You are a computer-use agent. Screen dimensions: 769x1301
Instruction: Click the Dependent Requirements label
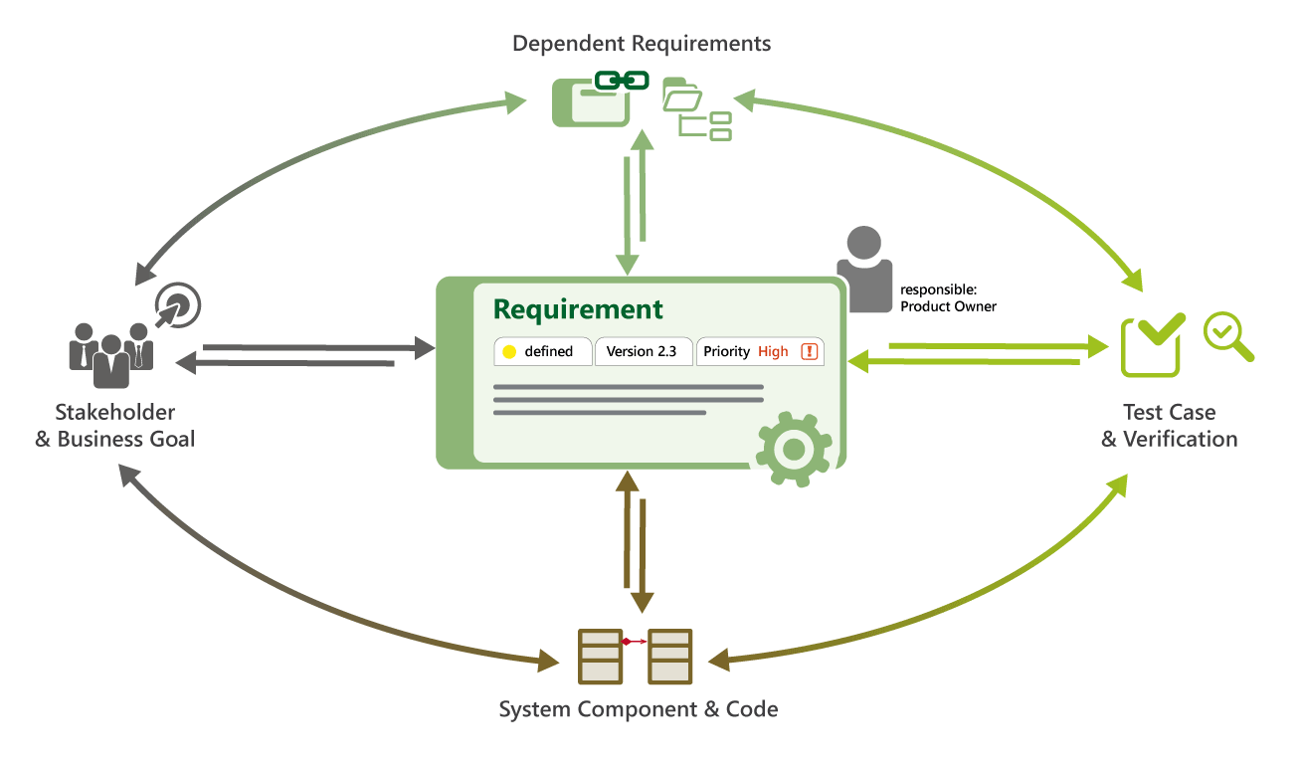pyautogui.click(x=642, y=44)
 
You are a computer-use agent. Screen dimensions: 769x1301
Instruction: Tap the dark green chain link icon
pyautogui.click(x=622, y=81)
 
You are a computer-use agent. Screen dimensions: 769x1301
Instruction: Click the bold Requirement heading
pyautogui.click(x=578, y=309)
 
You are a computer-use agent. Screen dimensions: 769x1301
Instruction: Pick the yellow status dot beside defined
pyautogui.click(x=509, y=352)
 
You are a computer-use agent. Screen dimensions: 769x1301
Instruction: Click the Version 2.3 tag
pyautogui.click(x=643, y=352)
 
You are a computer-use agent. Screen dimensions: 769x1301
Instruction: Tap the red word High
pyautogui.click(x=773, y=352)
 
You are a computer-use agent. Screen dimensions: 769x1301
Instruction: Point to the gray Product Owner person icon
pyautogui.click(x=863, y=268)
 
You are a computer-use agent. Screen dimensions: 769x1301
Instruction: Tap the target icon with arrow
pyautogui.click(x=179, y=305)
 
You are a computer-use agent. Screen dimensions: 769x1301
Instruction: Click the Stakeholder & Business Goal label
pyautogui.click(x=115, y=426)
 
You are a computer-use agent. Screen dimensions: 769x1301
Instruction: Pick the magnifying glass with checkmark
pyautogui.click(x=1227, y=337)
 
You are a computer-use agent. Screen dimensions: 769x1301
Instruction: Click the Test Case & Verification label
pyautogui.click(x=1170, y=426)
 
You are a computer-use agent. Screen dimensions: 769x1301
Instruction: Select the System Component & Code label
pyautogui.click(x=638, y=710)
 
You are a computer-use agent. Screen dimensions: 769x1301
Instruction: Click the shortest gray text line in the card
pyautogui.click(x=600, y=413)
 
